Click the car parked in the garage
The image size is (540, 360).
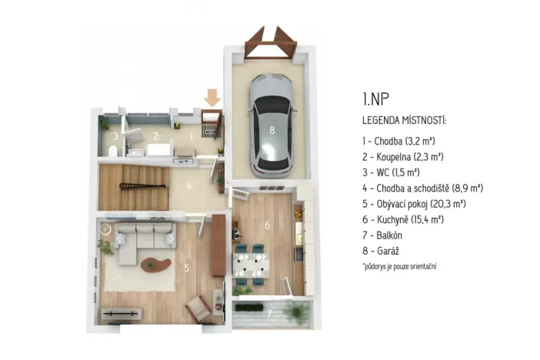point(271,122)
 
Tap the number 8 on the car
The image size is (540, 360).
point(271,130)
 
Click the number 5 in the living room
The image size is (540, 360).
point(186,268)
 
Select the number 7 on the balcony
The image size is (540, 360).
point(268,313)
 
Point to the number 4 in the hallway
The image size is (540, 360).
point(188,185)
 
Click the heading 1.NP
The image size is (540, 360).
point(375,98)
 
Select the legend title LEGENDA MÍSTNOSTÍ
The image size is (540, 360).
point(404,121)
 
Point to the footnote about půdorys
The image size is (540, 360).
point(400,266)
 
